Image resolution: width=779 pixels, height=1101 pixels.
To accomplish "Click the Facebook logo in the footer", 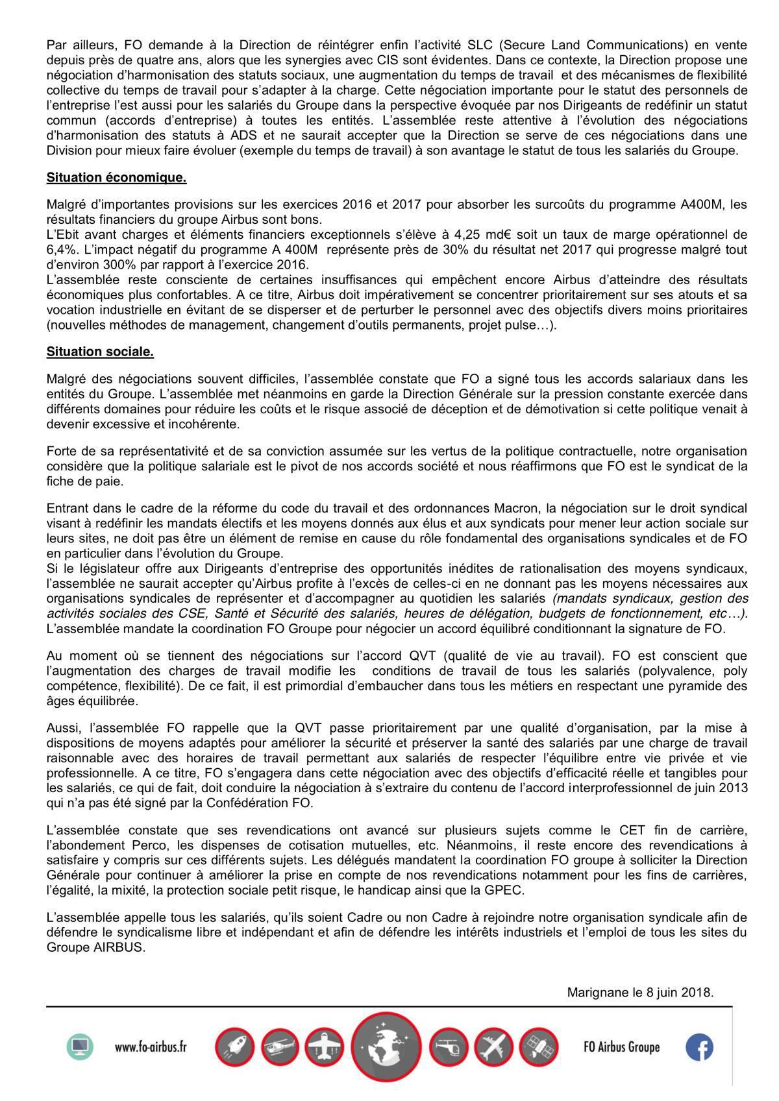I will click(x=699, y=1047).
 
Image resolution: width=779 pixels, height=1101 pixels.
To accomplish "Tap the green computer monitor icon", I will click(x=80, y=1046).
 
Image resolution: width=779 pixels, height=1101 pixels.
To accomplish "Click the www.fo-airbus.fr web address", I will click(x=151, y=1047).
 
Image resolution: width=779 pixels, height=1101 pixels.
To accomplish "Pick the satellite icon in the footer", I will click(x=539, y=1047).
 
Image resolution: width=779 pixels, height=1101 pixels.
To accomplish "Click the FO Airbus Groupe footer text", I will click(x=621, y=1047).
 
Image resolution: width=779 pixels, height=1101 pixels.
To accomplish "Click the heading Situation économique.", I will click(x=116, y=177).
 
